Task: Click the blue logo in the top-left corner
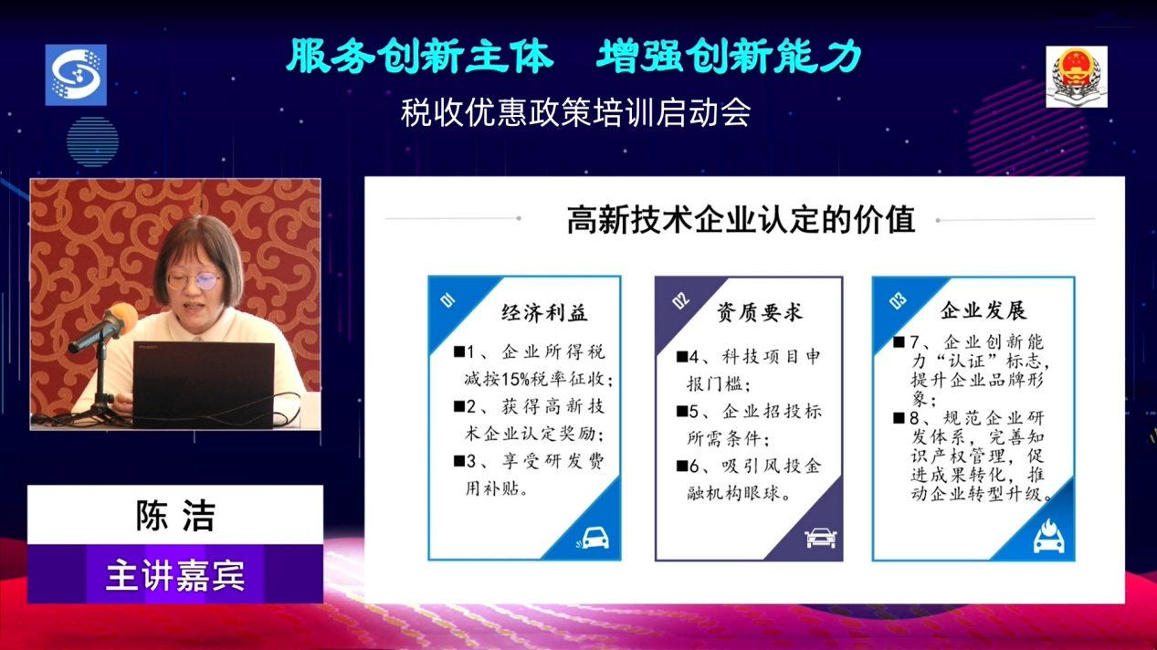coord(76,75)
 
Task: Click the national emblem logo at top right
coord(1077,77)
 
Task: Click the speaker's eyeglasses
coord(195,281)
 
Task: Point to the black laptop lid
coord(204,384)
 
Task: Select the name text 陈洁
coord(175,515)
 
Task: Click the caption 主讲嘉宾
coord(175,574)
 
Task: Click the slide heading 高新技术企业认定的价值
coord(742,219)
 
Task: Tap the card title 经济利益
coord(544,313)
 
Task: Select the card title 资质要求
coord(759,312)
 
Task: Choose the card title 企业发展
coord(983,310)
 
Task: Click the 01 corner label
coord(447,300)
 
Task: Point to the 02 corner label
coord(680,300)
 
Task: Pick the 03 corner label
coord(898,300)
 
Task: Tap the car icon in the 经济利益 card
coord(593,538)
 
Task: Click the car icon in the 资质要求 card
coord(821,538)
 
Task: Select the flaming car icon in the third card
coord(1048,536)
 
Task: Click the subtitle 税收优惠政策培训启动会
coord(575,112)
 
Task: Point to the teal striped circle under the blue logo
coord(92,142)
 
